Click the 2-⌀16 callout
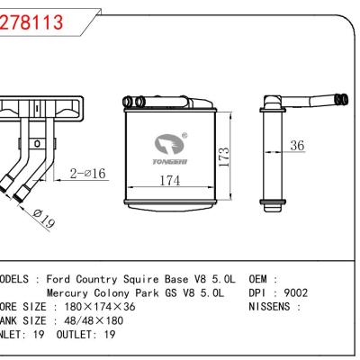(x=89, y=173)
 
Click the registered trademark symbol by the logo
(x=185, y=134)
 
